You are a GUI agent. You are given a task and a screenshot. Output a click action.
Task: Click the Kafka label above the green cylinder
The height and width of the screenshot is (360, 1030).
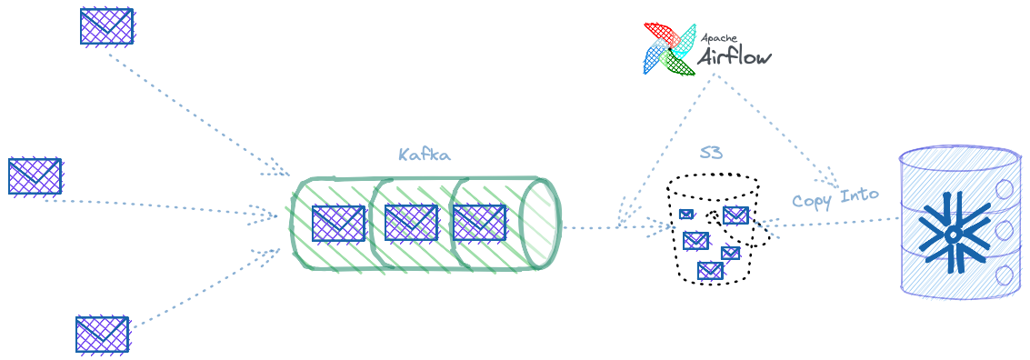424,155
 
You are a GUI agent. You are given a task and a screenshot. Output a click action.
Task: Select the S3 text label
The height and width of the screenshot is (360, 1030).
711,154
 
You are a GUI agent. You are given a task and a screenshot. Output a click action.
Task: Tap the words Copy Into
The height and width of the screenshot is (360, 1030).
835,196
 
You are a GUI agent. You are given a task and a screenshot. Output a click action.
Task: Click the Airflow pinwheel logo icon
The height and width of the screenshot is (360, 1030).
669,47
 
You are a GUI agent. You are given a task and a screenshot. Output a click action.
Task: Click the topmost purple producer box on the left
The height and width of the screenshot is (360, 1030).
107,26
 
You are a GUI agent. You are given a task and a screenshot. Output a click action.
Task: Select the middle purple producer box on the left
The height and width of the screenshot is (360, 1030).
35,175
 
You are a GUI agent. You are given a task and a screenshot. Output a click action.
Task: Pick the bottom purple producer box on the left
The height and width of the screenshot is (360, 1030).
103,334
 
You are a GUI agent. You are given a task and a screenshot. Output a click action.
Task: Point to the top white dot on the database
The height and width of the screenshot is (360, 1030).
1005,190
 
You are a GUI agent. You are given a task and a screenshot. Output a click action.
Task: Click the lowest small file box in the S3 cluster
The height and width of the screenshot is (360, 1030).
710,269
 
